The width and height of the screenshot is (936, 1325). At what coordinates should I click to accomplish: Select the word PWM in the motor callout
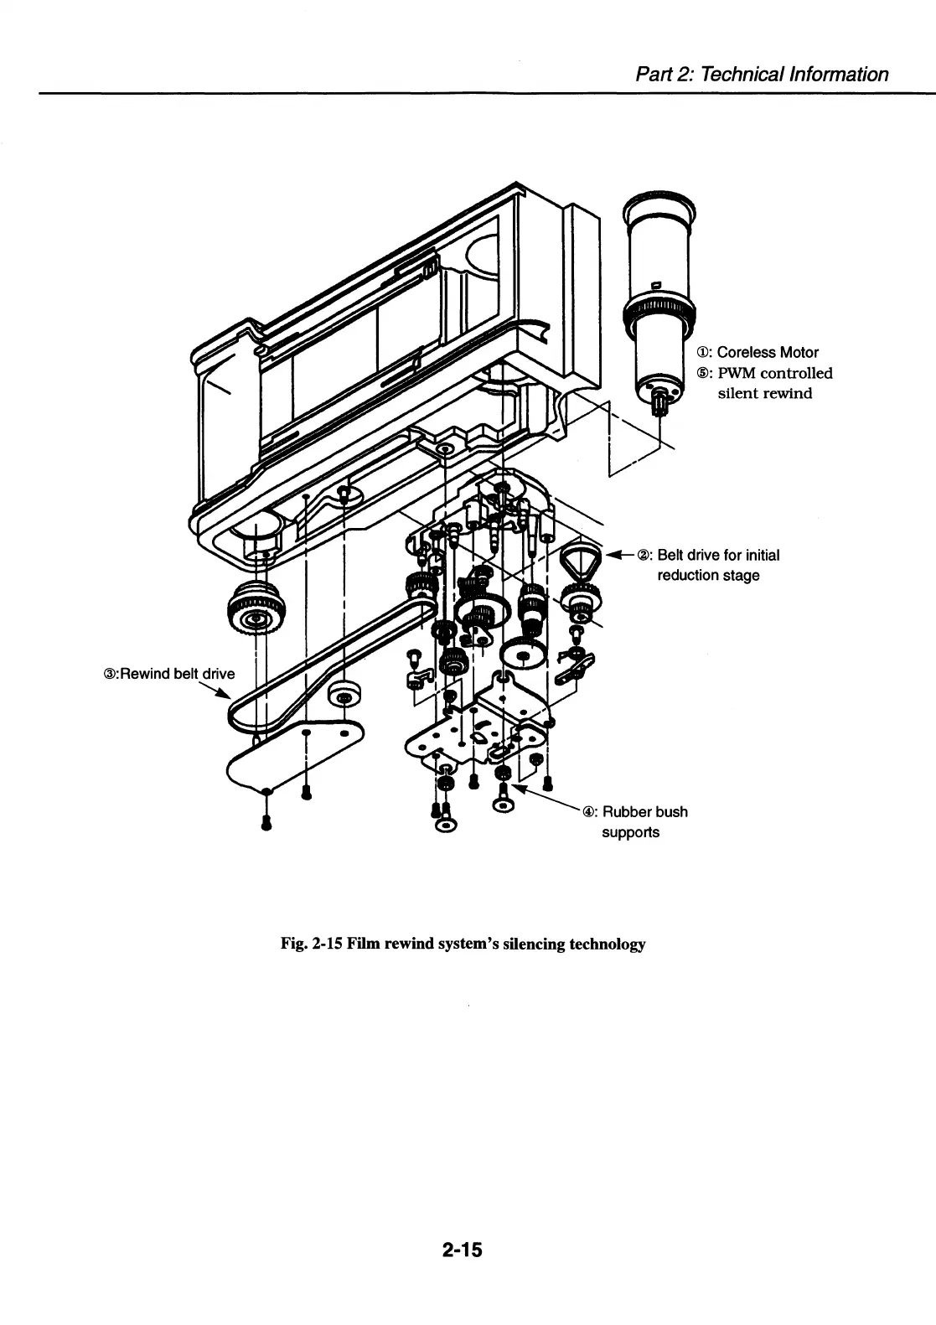pos(737,373)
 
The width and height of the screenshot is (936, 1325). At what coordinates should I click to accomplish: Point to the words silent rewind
pos(764,393)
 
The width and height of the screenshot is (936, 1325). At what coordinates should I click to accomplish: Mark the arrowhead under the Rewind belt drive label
pos(224,692)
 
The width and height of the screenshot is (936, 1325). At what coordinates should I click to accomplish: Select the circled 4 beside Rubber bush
pos(589,812)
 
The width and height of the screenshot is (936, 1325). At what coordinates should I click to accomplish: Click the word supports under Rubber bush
pos(630,832)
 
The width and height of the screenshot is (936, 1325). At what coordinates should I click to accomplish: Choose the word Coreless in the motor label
pos(746,353)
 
